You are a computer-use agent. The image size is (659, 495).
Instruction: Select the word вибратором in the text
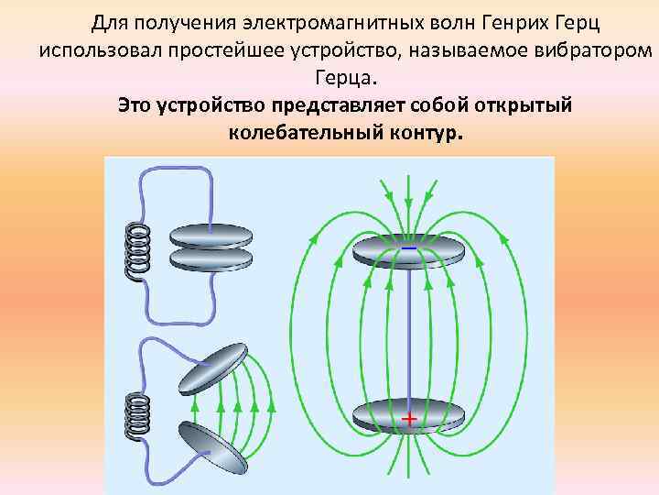tap(579, 49)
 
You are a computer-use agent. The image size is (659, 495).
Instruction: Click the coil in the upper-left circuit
tap(138, 249)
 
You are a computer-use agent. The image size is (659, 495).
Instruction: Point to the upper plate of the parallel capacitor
tap(211, 234)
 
